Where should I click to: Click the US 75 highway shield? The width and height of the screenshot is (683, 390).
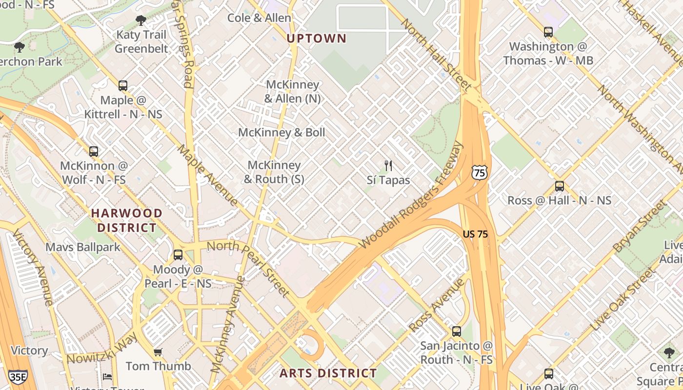tap(479, 172)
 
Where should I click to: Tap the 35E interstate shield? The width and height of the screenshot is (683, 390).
tap(18, 376)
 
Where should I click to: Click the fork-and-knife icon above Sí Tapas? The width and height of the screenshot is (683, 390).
tap(388, 166)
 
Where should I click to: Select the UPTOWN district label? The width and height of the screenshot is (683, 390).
tap(317, 39)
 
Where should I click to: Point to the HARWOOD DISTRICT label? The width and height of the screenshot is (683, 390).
tap(127, 220)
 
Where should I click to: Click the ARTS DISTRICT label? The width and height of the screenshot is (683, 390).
tap(328, 373)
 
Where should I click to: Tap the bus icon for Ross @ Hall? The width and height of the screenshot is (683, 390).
tap(560, 186)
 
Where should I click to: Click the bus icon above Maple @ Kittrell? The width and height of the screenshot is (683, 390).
tap(123, 86)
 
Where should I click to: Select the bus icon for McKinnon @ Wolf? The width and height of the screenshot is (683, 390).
tap(94, 152)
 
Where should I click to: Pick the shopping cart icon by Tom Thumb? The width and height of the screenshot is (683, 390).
tap(158, 352)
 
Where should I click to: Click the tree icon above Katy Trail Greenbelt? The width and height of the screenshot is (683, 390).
tap(141, 20)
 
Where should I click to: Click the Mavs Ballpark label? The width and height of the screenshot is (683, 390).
tap(83, 247)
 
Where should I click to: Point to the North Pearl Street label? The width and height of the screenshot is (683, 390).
tap(249, 268)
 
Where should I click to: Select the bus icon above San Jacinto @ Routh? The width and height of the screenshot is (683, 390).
tap(457, 331)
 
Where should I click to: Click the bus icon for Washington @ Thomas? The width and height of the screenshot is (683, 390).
tap(548, 32)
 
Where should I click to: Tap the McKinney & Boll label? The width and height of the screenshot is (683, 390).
tap(281, 133)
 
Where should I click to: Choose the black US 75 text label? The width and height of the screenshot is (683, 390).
tap(475, 234)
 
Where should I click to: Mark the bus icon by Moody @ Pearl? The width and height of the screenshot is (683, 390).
tap(178, 255)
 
